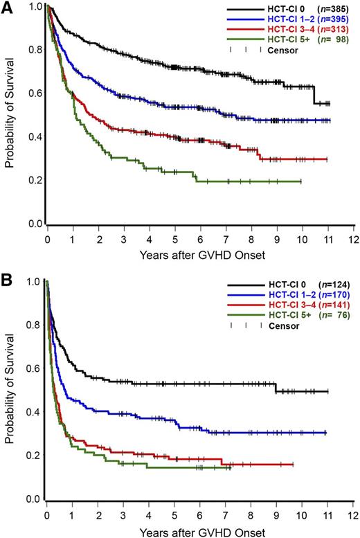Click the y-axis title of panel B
pos(9,391)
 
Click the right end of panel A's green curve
pos(301,181)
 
